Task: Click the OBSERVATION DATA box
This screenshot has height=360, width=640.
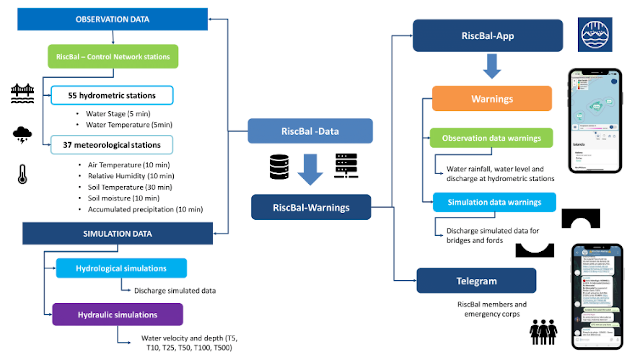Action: point(112,19)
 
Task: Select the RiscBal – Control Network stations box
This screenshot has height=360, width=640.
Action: point(113,57)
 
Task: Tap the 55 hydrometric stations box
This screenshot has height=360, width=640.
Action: point(112,95)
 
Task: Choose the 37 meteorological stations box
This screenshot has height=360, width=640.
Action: point(112,145)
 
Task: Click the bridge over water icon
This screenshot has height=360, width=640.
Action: point(22,93)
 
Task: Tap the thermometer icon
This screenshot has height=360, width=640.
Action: point(22,174)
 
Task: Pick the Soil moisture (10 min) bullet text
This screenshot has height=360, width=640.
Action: point(123,198)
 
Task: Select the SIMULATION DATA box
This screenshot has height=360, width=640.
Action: point(117,234)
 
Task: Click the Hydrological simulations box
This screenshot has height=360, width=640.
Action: point(121,268)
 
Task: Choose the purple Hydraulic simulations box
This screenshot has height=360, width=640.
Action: point(118,315)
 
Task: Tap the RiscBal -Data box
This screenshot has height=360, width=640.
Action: point(310,131)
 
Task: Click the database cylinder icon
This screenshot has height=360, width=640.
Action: point(279,167)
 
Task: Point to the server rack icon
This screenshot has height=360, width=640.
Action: point(346,166)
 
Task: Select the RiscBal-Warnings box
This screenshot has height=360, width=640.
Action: point(311,207)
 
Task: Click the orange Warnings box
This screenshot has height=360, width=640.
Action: point(492,99)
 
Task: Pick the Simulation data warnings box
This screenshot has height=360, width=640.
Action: point(494,202)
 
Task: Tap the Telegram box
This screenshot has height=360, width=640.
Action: point(476,281)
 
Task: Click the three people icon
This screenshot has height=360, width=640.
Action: point(543,332)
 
